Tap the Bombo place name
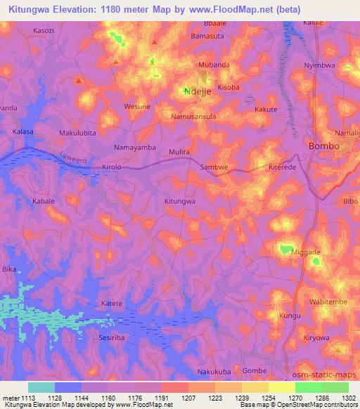(323, 146)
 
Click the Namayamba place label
(135, 148)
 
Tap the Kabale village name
(43, 202)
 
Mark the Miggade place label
(305, 252)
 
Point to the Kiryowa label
(315, 337)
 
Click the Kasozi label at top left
(44, 31)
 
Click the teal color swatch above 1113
(41, 387)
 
